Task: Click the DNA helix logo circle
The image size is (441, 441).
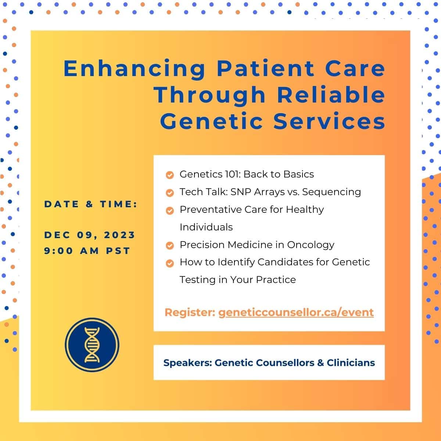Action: [x=92, y=345]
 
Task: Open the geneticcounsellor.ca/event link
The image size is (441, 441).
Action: [x=296, y=313]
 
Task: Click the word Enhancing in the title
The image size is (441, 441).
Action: [x=135, y=69]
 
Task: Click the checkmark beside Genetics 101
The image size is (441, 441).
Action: [x=170, y=175]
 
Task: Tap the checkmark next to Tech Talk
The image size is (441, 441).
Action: [x=170, y=193]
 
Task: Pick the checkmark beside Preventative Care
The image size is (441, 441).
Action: [x=170, y=211]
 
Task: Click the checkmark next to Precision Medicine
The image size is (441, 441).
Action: [x=170, y=245]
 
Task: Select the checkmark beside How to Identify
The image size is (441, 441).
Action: [x=170, y=263]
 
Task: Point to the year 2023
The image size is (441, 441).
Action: [x=119, y=235]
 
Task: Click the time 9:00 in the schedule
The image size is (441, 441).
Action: [x=58, y=251]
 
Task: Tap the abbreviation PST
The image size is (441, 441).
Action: [x=118, y=251]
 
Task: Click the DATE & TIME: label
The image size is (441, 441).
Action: [x=91, y=204]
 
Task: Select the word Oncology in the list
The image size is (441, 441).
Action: [x=311, y=245]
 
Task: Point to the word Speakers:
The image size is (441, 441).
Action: [x=188, y=363]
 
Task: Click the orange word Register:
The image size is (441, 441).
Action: [x=190, y=313]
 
